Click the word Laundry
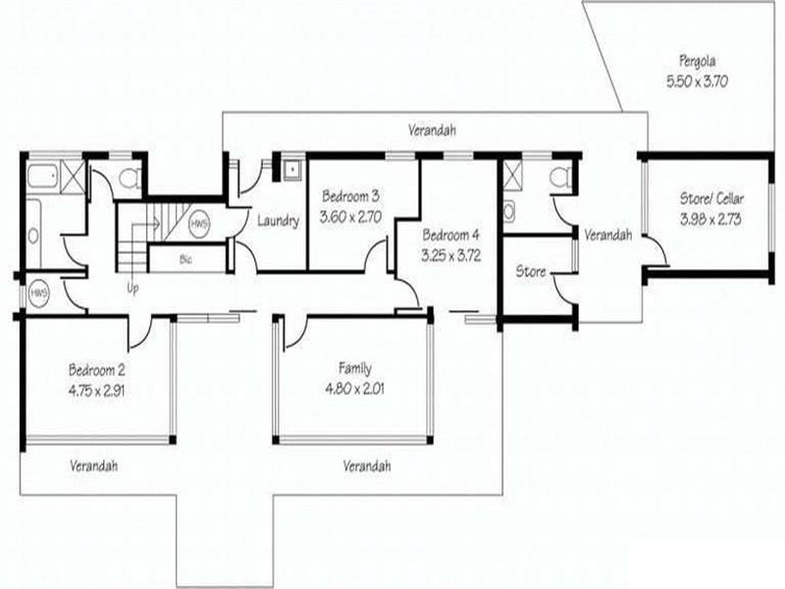pos(278,221)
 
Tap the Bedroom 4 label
pos(451,236)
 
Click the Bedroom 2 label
pos(96,370)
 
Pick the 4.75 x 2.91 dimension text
pos(96,389)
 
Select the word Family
pos(354,369)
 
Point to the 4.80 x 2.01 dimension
pos(354,388)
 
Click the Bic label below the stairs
pos(185,260)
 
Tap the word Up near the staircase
pos(132,290)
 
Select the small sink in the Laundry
pos(291,168)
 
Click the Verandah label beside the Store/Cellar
pos(607,236)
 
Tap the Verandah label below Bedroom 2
pos(94,466)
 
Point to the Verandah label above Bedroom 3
pos(433,131)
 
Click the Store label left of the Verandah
pos(531,271)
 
